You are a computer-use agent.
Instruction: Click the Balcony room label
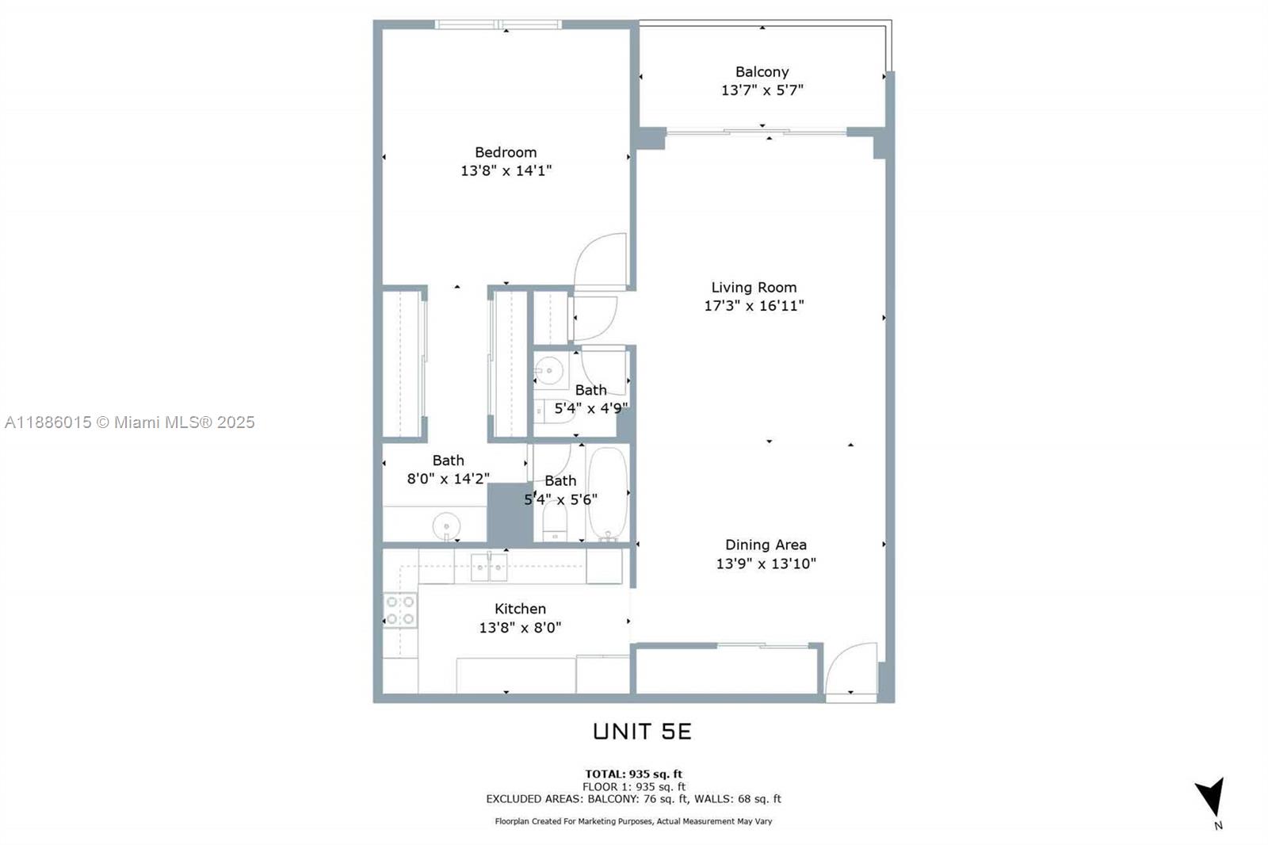coord(762,72)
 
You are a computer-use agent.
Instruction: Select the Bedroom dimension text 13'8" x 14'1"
coord(506,170)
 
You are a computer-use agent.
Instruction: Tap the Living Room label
coord(754,288)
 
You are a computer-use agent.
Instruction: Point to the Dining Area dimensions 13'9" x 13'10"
coord(766,564)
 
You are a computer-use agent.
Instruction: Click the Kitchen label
coord(520,609)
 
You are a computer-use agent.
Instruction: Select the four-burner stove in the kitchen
coord(400,610)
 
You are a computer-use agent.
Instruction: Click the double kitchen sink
coord(489,567)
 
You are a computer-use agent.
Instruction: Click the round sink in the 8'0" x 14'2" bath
coord(446,526)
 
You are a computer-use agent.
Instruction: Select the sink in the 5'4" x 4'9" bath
coord(548,370)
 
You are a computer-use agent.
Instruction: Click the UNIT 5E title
coord(642,732)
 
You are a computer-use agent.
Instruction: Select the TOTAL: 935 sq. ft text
coord(633,774)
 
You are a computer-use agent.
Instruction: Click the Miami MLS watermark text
coord(130,422)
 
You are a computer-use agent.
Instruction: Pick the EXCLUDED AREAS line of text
coord(633,799)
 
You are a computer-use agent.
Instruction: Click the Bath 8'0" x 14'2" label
coord(448,469)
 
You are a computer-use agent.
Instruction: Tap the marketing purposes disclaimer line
coord(633,821)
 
